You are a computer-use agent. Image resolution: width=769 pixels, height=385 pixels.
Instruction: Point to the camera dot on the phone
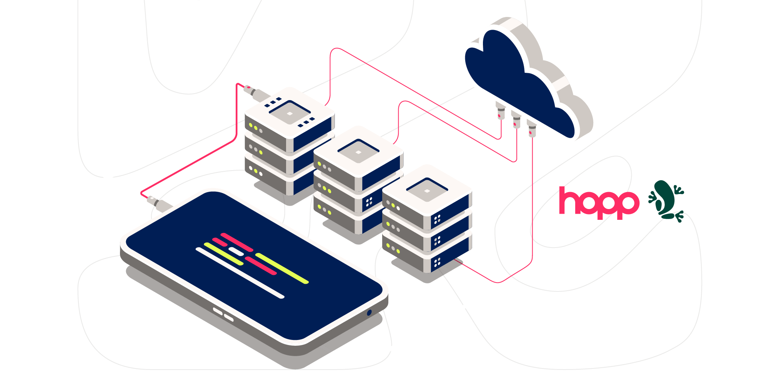(x=369, y=313)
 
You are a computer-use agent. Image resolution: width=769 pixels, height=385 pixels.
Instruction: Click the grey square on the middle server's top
(x=358, y=152)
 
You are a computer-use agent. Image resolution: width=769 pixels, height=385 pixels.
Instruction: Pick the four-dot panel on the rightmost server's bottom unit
(x=437, y=263)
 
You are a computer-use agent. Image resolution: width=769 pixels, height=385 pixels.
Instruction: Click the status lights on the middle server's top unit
(x=324, y=167)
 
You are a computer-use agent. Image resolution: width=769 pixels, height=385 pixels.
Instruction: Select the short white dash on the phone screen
(x=236, y=252)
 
